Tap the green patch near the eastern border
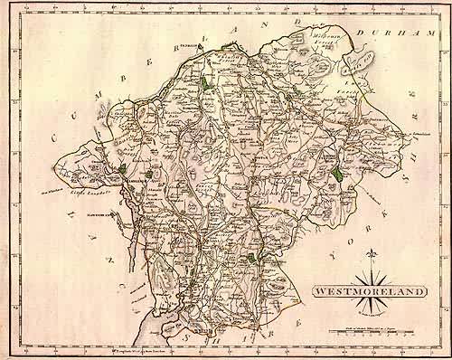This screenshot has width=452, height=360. click(x=335, y=172)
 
